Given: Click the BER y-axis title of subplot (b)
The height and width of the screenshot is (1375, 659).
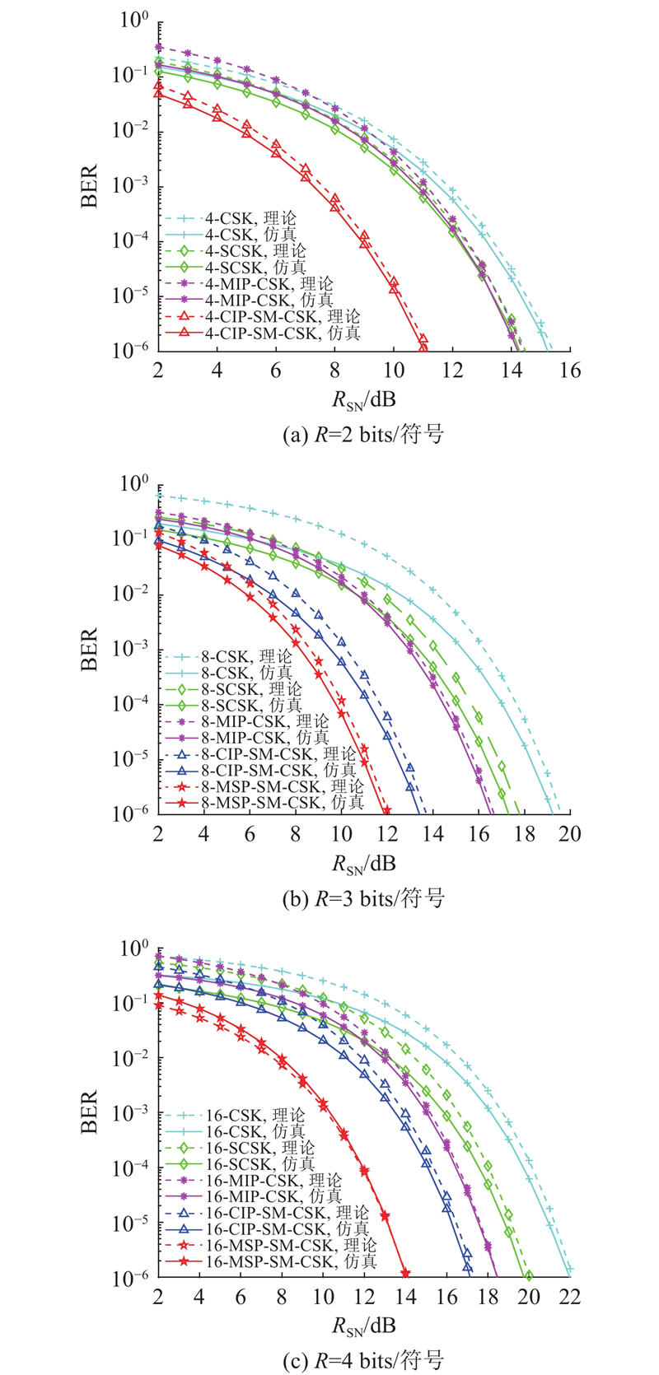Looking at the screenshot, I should [90, 650].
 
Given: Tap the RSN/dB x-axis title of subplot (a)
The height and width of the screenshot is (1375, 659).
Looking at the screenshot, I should [363, 401].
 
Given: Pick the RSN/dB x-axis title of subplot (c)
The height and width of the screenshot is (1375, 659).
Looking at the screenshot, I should [363, 1326].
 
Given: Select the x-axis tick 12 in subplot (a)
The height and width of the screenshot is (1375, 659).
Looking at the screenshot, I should [452, 371].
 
